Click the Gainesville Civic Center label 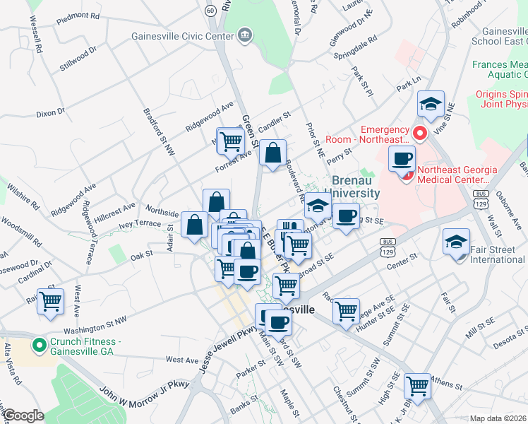pos(183,35)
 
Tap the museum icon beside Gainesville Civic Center pos(245,35)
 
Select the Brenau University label pos(356,187)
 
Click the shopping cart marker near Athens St pos(418,385)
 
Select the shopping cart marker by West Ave pos(51,301)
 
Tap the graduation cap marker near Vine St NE pos(431,104)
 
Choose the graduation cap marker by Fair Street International pos(457,241)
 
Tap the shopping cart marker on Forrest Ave pos(231,141)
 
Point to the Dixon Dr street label pos(50,112)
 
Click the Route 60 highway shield pos(210,10)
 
